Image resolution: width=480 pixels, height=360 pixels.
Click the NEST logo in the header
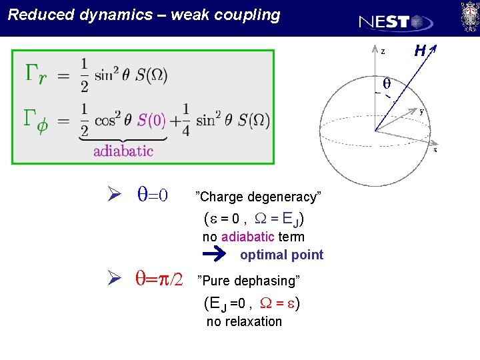coord(395,22)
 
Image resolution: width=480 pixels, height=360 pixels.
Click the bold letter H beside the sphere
coord(420,50)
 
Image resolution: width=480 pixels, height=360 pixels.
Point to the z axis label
coord(383,51)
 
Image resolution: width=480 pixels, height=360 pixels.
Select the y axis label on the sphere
coord(422,111)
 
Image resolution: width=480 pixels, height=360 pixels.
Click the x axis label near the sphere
coord(435,150)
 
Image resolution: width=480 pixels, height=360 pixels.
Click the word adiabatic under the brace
coord(123,151)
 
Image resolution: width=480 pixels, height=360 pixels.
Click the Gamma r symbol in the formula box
coord(36,73)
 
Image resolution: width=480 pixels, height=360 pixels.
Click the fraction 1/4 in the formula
coord(185,121)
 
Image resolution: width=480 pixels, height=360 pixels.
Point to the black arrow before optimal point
coord(215,254)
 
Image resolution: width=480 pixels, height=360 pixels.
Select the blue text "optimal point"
coord(281,255)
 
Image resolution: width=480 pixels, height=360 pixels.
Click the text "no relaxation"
coord(244,321)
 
